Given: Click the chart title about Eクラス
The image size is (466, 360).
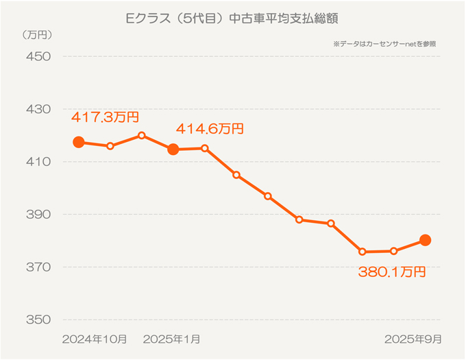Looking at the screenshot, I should pyautogui.click(x=233, y=16).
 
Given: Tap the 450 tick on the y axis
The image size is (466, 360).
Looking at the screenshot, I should pyautogui.click(x=38, y=56).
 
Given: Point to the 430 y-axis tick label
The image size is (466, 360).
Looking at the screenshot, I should pyautogui.click(x=38, y=109).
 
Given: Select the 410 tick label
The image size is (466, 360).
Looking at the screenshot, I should pyautogui.click(x=38, y=162).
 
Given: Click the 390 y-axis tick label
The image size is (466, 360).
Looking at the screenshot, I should pyautogui.click(x=38, y=215).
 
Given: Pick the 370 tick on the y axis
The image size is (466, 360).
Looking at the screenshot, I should pyautogui.click(x=38, y=267).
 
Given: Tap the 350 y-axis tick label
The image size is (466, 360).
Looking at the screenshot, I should pyautogui.click(x=38, y=320).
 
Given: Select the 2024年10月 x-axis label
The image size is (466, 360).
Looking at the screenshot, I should pyautogui.click(x=95, y=339).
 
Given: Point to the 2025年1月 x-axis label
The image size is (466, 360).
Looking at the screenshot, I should pyautogui.click(x=173, y=339).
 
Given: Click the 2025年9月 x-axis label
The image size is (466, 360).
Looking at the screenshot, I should pyautogui.click(x=413, y=339).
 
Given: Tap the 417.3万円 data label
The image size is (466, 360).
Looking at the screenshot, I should pyautogui.click(x=105, y=117).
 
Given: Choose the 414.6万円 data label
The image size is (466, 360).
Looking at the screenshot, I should pyautogui.click(x=210, y=128).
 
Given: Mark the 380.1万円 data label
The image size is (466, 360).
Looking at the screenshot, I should pyautogui.click(x=392, y=272).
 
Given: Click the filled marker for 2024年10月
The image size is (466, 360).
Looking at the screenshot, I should pyautogui.click(x=79, y=143).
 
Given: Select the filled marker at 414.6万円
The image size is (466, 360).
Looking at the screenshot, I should pyautogui.click(x=173, y=149).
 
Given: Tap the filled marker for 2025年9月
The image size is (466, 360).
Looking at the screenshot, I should pyautogui.click(x=425, y=240).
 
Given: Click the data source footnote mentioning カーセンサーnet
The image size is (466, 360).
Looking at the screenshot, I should pyautogui.click(x=384, y=43).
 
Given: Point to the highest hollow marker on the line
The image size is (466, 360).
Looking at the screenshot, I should pyautogui.click(x=141, y=135).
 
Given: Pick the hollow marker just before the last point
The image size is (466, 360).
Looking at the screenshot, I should pyautogui.click(x=393, y=251).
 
